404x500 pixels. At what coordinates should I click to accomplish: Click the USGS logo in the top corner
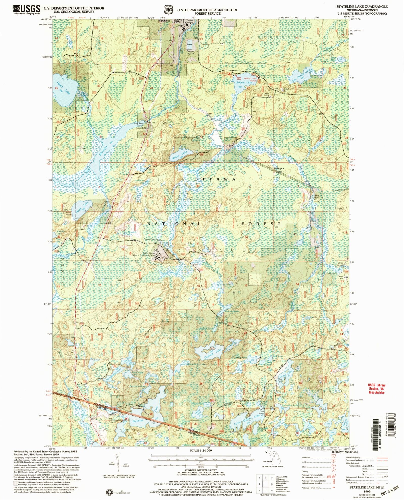[27, 10]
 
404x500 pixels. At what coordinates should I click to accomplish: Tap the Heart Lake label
[63, 88]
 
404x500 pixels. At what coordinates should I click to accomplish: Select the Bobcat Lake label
[244, 83]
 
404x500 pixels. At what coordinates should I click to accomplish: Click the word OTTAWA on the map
[215, 179]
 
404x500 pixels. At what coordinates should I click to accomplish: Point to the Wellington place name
[279, 168]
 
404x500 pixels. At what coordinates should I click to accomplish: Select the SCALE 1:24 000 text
[201, 450]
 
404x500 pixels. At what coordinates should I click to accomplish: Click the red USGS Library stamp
[376, 388]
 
